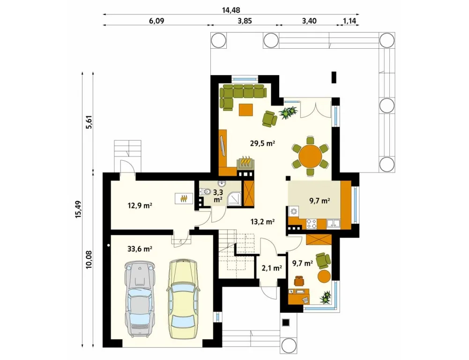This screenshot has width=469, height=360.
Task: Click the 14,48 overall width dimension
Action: (x=231, y=10)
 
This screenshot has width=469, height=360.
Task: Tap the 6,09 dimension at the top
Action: (x=156, y=21)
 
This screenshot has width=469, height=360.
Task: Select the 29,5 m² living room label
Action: (x=263, y=143)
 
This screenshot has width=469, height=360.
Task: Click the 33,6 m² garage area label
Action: (x=140, y=249)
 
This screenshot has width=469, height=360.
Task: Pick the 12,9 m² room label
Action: (x=140, y=206)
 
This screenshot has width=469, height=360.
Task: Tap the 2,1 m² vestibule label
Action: (x=272, y=268)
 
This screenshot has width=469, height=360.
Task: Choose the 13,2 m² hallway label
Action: (x=263, y=222)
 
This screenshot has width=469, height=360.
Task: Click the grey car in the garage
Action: (x=140, y=299)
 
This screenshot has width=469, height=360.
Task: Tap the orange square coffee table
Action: (x=246, y=110)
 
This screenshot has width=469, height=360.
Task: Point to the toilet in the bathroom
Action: (x=206, y=191)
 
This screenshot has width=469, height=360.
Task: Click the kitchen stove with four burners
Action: (x=311, y=224)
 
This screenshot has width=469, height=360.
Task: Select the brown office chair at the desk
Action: (x=299, y=281)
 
